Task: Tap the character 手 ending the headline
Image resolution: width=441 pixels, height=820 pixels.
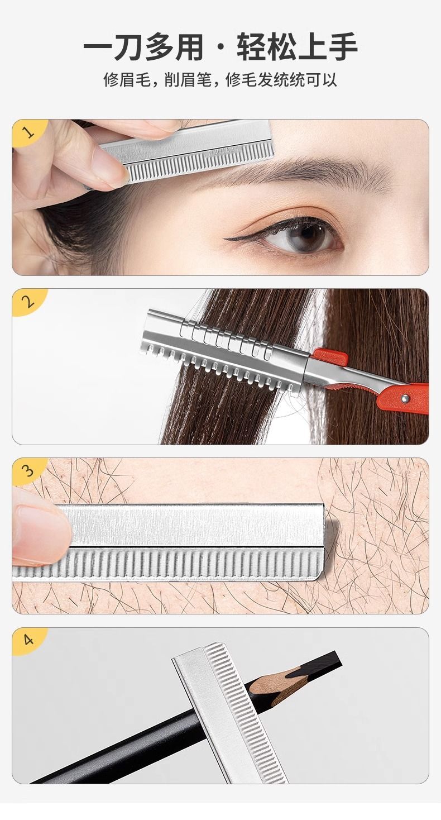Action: click(x=343, y=47)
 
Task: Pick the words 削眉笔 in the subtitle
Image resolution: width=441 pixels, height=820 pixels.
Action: click(x=188, y=80)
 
